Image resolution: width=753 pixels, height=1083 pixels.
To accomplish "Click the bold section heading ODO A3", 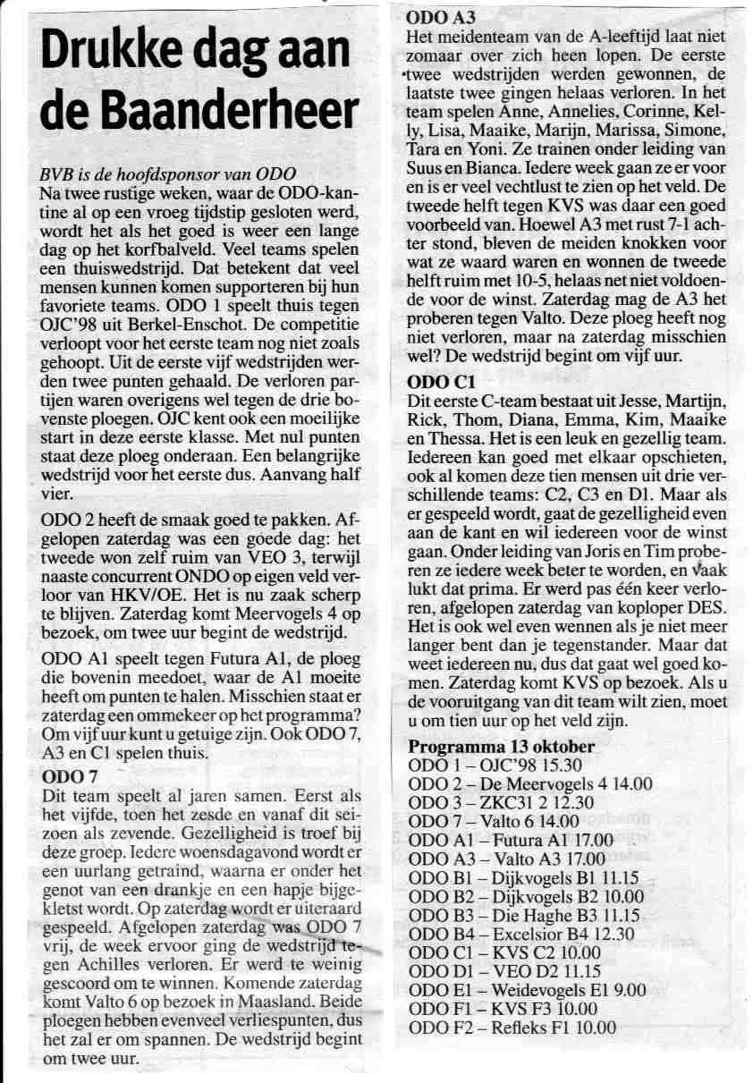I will point(440,17).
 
